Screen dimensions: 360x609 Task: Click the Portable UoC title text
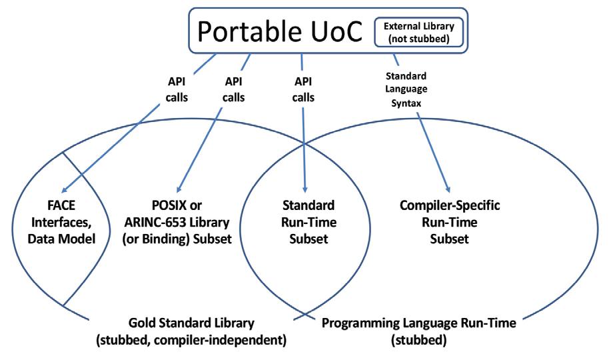(283, 30)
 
